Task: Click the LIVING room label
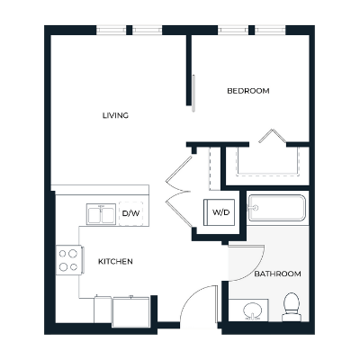[x=115, y=115]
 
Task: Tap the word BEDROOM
[x=247, y=91]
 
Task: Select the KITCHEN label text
[x=115, y=261]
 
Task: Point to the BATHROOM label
[x=276, y=273]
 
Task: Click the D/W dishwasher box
[x=131, y=213]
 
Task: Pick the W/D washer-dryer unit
[x=220, y=213]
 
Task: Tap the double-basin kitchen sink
[x=100, y=214]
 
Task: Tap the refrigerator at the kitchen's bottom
[x=131, y=310]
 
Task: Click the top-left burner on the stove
[x=64, y=254]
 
